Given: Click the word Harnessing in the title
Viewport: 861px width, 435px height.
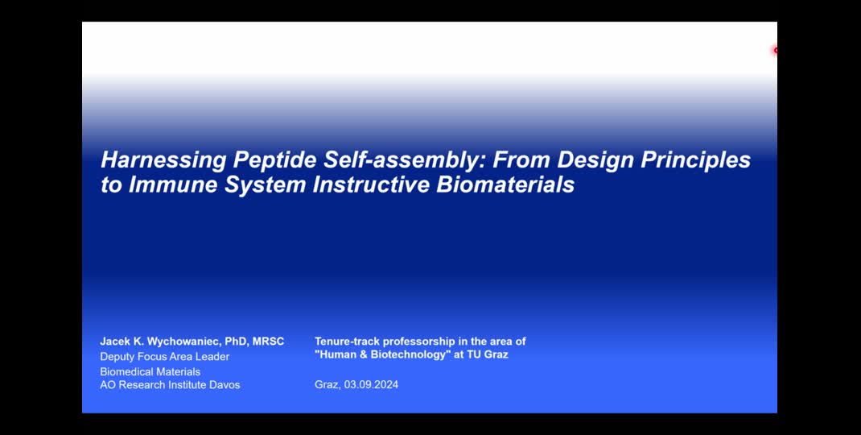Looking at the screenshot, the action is click(163, 160).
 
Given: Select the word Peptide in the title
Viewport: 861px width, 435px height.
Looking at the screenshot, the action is click(274, 160).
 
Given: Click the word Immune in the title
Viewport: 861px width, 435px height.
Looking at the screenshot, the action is click(173, 184).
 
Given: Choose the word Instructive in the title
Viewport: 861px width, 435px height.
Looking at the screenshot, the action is click(371, 184).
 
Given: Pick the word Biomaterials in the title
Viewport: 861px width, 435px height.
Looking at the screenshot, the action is click(505, 184).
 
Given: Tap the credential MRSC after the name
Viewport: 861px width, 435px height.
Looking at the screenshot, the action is click(268, 342).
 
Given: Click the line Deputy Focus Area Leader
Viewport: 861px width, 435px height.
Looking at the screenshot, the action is click(165, 357).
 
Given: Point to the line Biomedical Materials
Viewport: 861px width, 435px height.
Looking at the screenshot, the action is click(150, 371).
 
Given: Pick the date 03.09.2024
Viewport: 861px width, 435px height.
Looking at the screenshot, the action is click(371, 385).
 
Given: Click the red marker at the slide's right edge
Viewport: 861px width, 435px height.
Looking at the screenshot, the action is click(776, 51).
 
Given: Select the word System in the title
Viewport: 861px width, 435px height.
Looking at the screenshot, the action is click(266, 184).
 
